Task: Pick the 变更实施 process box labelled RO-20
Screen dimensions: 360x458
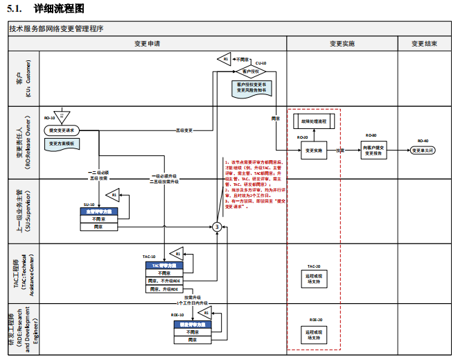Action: [314, 150]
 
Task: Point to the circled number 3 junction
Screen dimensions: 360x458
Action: [217, 226]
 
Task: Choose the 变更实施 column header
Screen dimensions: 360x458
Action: [342, 43]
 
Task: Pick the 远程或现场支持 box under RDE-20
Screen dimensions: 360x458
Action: [314, 335]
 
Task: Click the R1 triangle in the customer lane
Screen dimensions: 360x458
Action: [224, 60]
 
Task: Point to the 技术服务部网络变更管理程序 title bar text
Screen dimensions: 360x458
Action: [57, 29]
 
